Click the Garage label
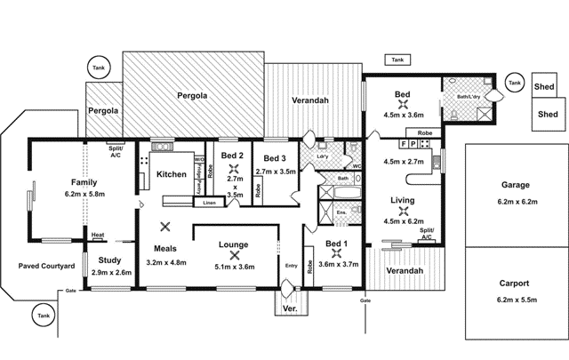(514, 185)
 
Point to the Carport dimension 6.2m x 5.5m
(514, 300)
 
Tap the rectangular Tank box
(397, 60)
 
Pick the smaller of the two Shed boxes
(544, 87)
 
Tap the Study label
(111, 260)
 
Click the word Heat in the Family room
(98, 236)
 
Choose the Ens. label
(341, 214)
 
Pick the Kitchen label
(171, 174)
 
